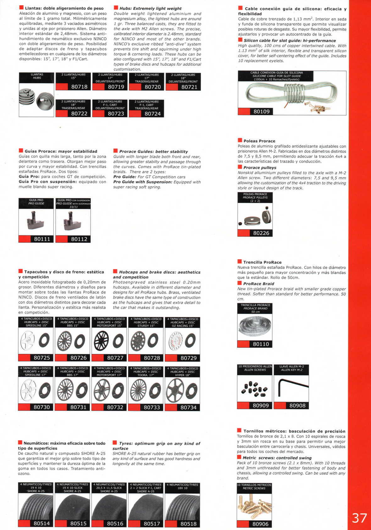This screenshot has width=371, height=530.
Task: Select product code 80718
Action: (79, 87)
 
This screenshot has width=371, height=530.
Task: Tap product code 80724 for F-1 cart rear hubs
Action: (152, 113)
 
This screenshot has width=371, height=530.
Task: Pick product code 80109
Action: (262, 111)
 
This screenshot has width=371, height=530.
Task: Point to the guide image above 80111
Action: (36, 220)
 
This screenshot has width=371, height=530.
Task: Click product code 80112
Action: (79, 239)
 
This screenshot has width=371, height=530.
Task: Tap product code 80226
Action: (261, 233)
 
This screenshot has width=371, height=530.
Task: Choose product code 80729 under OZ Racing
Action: (189, 358)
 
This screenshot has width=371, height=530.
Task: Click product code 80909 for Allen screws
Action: (261, 406)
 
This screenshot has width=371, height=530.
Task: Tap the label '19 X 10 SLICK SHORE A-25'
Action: (73, 488)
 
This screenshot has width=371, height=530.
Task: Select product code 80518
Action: (188, 523)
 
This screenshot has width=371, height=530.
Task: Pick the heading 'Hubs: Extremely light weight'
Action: (150, 8)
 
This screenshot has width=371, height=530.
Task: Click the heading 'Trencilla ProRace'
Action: (262, 262)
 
